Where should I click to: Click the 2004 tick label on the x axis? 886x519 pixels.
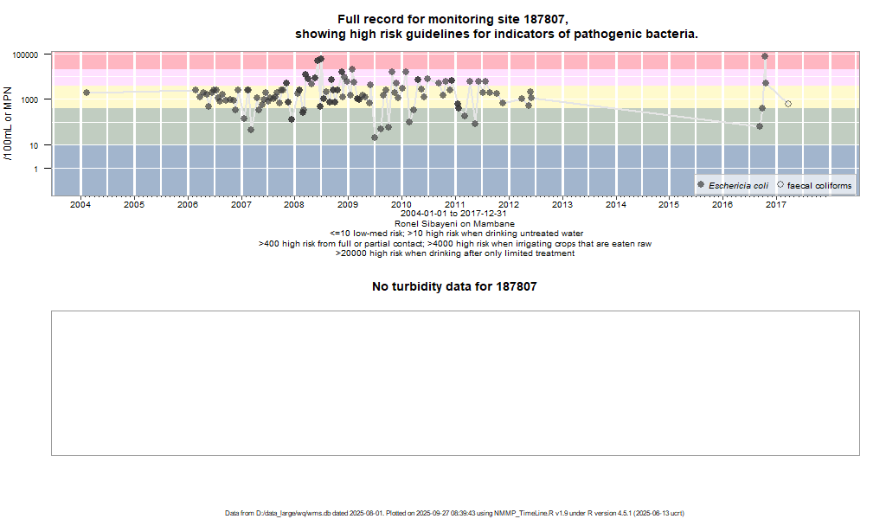80,205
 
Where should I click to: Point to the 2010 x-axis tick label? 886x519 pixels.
401,205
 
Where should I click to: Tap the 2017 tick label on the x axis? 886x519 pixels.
776,205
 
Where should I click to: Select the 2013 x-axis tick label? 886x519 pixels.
562,205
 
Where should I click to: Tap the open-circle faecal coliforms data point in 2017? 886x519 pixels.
788,104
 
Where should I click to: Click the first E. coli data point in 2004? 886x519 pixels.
87,93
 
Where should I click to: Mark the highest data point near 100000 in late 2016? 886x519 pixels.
765,56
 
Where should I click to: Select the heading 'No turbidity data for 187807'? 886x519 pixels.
454,286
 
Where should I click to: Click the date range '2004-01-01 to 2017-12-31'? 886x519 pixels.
454,214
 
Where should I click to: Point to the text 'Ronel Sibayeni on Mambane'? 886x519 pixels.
454,224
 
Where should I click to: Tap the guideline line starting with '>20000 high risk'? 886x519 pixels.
454,253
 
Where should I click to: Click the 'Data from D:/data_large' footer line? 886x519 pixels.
454,513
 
